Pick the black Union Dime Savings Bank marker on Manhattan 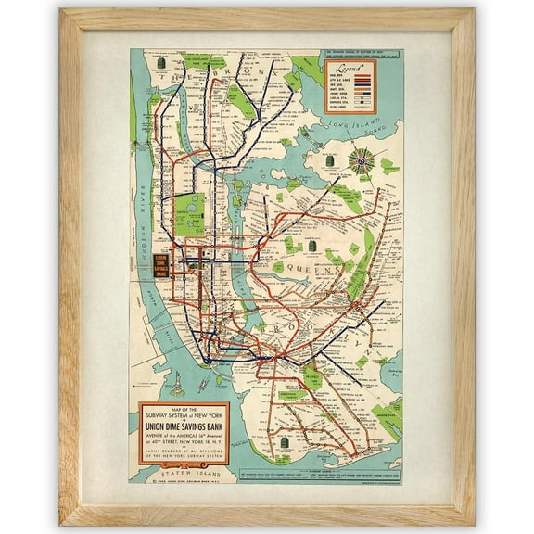click(x=163, y=266)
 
